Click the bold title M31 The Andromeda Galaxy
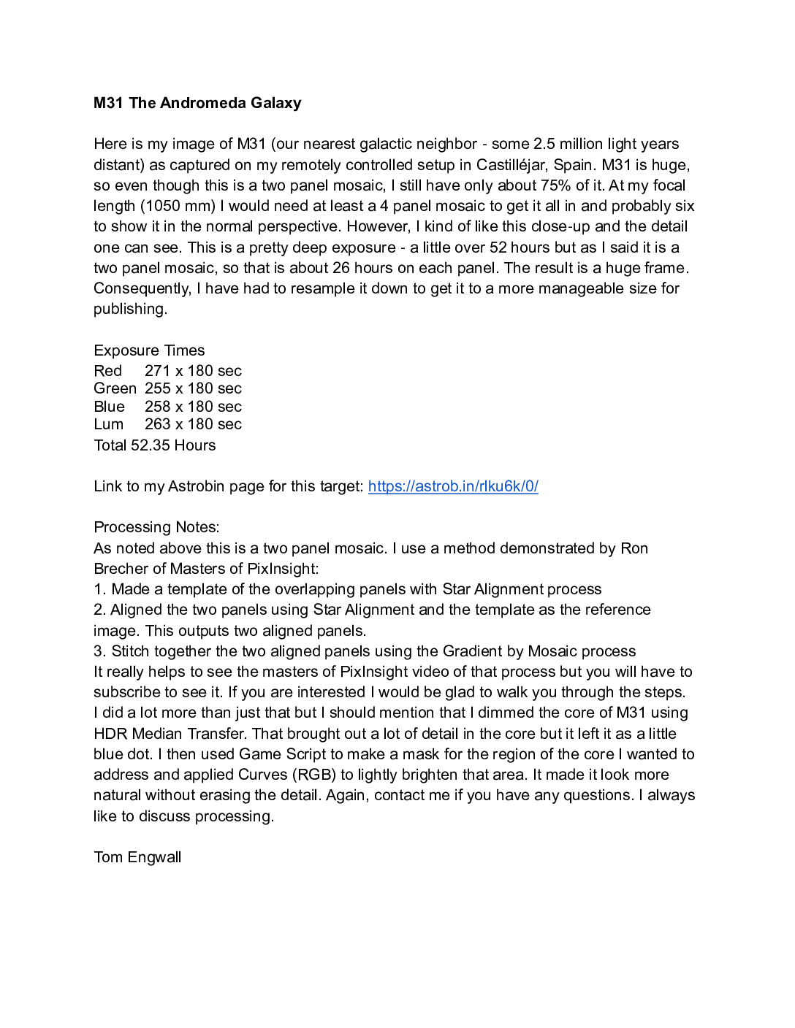[197, 103]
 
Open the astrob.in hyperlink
[453, 486]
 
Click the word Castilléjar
[520, 165]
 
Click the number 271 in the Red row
[157, 371]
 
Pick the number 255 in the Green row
[157, 388]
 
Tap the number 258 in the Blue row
[157, 407]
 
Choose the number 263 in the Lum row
[157, 424]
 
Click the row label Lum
[108, 424]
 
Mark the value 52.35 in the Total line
[150, 445]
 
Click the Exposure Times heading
[149, 350]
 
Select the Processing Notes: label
[156, 527]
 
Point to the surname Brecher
[119, 569]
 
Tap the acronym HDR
[109, 734]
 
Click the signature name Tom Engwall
[137, 857]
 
